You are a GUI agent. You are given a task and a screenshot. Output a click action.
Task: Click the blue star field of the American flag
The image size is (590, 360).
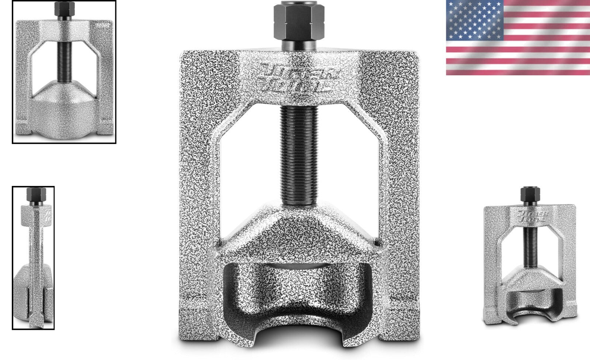[x=475, y=20]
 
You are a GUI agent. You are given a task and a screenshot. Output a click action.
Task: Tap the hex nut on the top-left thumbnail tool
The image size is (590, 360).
[x=64, y=9]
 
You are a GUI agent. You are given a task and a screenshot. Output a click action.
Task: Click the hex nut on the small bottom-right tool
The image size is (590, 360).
[x=530, y=194]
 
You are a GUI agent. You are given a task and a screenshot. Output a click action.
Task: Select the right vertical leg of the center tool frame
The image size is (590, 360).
[x=402, y=166]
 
